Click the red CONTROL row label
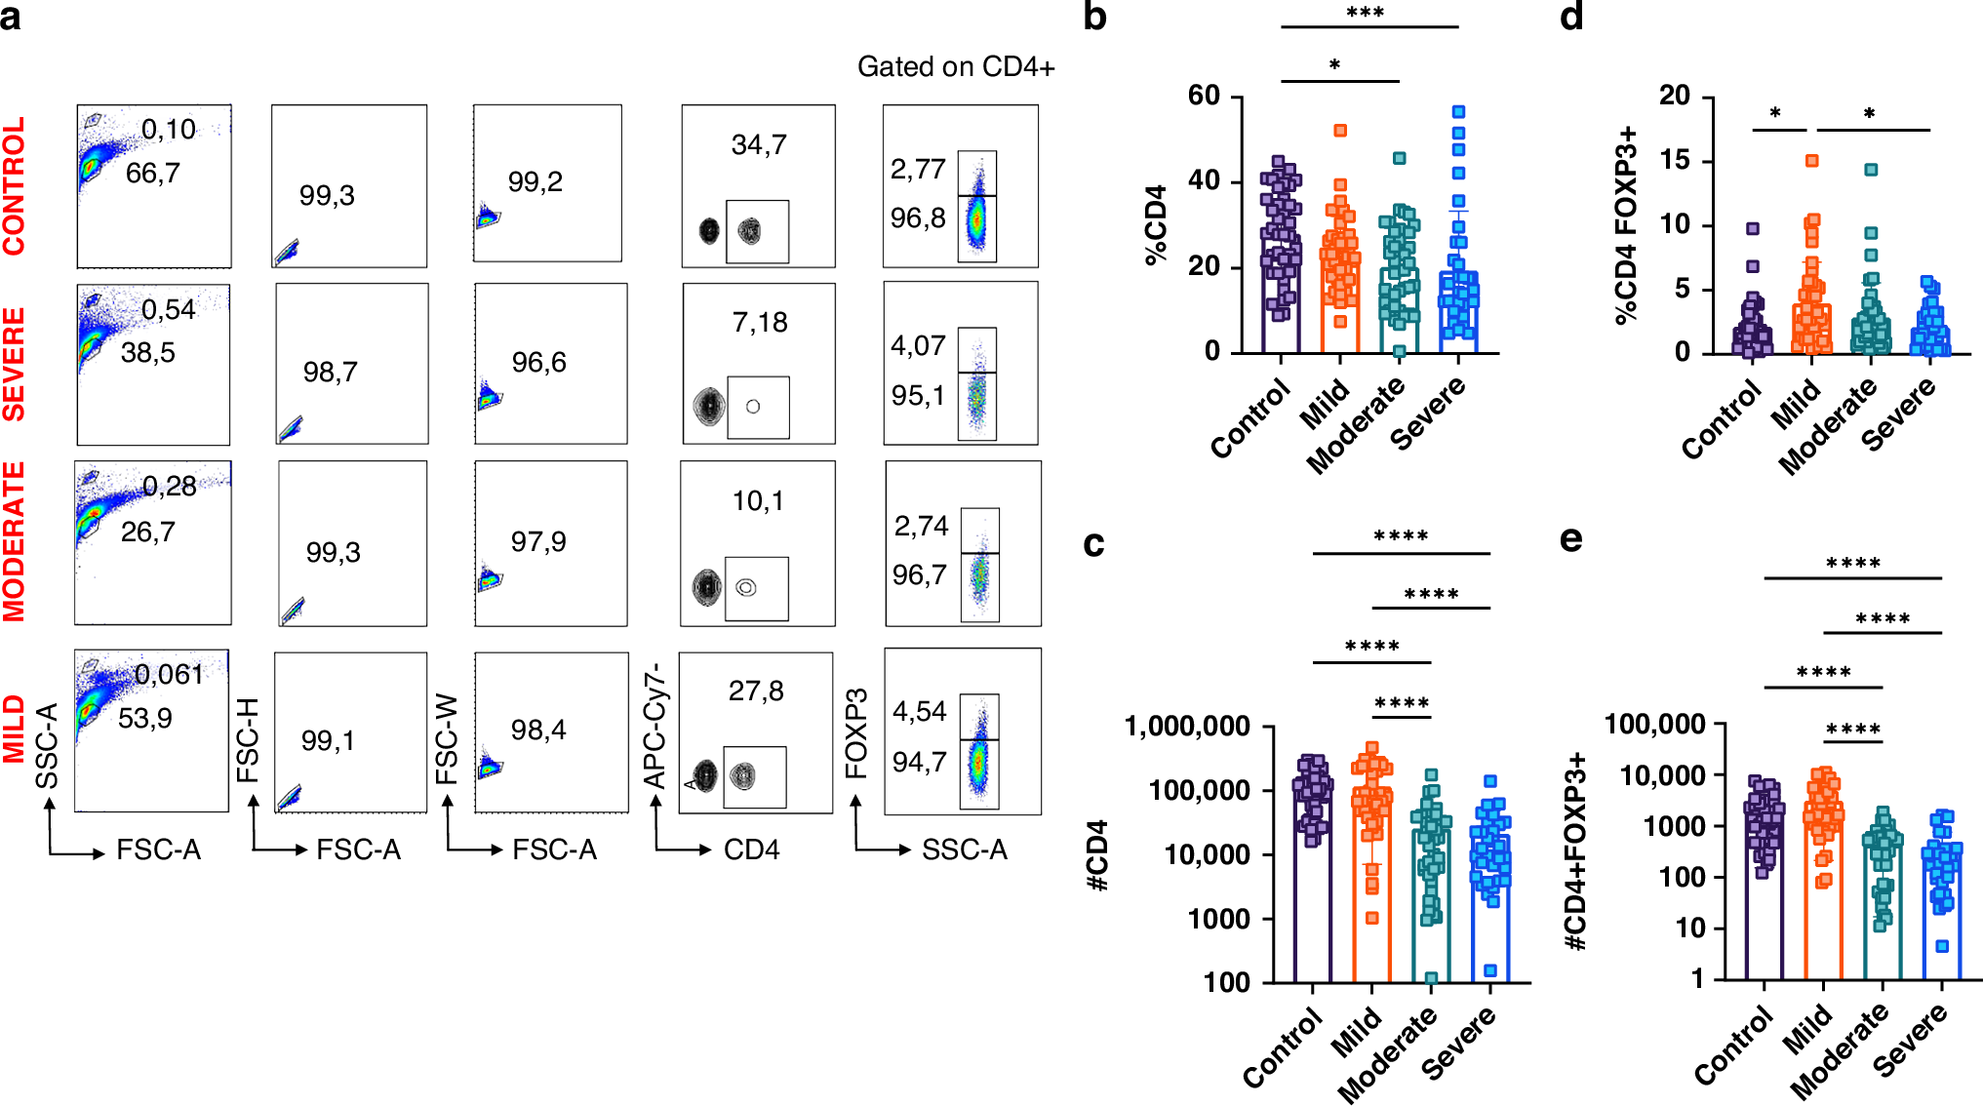pos(14,186)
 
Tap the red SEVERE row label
pos(14,364)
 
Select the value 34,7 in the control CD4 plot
pos(758,145)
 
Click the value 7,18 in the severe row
pos(759,323)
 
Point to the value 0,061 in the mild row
pos(169,675)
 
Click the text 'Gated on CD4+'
pos(955,66)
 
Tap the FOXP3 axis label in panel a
pos(855,733)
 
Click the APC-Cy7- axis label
pos(654,726)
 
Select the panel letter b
pos(1094,17)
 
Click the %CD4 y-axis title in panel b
pos(1156,224)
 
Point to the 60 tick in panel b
pos(1204,96)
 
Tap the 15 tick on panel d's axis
pos(1675,160)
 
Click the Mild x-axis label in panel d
pos(1797,404)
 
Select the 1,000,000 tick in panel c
pos(1187,727)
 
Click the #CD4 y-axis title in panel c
pos(1097,854)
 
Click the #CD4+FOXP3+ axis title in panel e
pos(1574,850)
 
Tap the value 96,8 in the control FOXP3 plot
pos(917,218)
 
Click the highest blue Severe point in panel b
pos(1458,112)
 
